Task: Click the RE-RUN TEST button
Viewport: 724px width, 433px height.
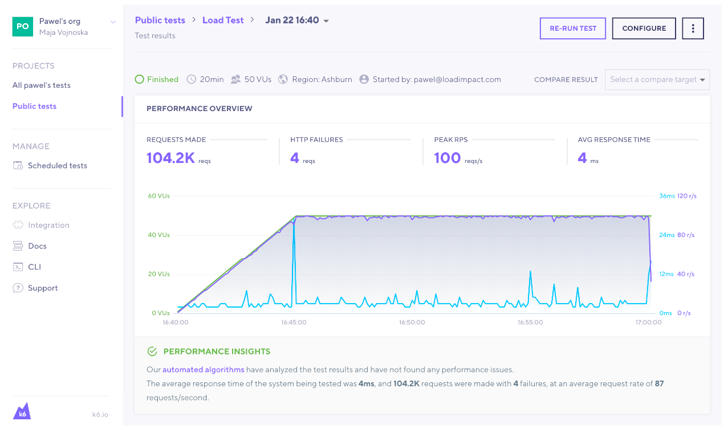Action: tap(572, 28)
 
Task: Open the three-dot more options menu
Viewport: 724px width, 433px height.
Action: tap(693, 28)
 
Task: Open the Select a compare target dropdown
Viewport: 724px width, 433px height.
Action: tap(657, 80)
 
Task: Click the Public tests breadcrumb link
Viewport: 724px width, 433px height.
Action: tap(160, 20)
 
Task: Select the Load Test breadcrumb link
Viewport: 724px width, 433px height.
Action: tap(223, 20)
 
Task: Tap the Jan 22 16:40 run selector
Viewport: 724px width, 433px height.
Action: tap(297, 21)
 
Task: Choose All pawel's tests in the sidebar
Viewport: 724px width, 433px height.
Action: tap(42, 85)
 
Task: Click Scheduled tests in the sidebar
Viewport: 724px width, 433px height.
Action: tap(57, 166)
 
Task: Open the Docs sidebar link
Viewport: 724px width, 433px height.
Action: tap(37, 246)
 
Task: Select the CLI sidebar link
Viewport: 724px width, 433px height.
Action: tap(34, 267)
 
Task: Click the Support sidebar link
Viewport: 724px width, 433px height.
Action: tap(43, 288)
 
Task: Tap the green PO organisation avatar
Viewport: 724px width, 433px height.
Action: tap(22, 26)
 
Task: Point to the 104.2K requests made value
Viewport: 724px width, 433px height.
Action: tap(170, 158)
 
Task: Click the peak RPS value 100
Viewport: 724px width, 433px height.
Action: tap(447, 158)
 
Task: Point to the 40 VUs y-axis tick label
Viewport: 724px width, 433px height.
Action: tap(158, 235)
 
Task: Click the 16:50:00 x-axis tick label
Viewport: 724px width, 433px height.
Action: tap(412, 322)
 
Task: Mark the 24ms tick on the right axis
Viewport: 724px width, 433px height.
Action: tap(666, 235)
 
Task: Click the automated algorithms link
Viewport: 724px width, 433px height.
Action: tap(203, 370)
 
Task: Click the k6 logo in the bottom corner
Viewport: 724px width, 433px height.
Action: tap(22, 411)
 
